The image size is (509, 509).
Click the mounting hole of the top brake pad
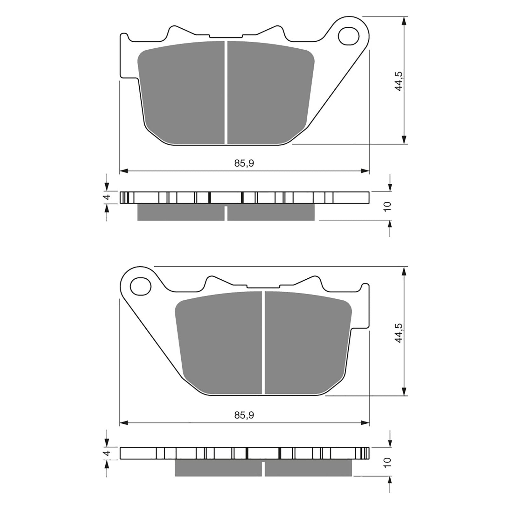349,36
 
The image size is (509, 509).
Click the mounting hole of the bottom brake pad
140,286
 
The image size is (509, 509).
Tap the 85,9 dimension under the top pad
244,164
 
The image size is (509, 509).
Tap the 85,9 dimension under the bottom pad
244,415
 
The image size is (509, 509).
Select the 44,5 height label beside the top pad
399,81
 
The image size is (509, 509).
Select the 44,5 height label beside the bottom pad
399,333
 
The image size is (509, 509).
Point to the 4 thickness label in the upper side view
107,197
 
